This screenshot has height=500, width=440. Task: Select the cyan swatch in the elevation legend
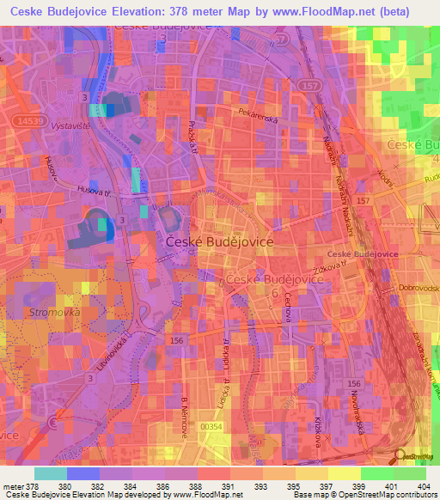51,473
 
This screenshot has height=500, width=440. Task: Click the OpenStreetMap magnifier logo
400,457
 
